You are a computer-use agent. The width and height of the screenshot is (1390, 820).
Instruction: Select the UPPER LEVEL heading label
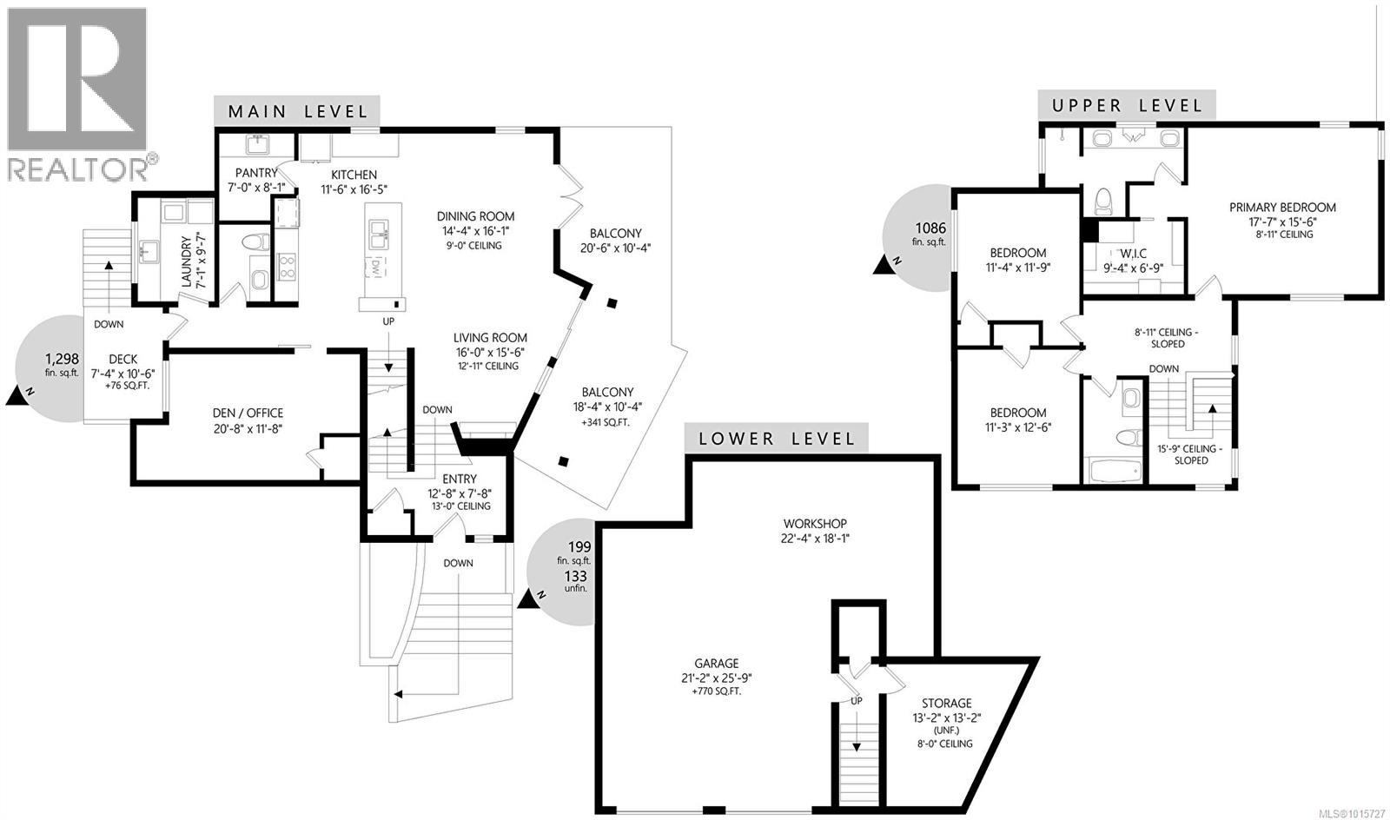tap(1127, 106)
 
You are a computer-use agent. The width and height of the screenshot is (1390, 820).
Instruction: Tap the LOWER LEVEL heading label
tap(777, 439)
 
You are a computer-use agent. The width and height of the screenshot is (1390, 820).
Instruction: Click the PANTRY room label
tap(256, 173)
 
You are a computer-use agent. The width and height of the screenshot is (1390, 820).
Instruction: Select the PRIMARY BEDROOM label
tap(1282, 208)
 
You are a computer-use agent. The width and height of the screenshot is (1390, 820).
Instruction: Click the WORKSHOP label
tap(814, 524)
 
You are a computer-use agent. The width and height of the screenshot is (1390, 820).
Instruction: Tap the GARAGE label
tap(717, 664)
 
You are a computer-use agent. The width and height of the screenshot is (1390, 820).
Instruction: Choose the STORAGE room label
tap(947, 703)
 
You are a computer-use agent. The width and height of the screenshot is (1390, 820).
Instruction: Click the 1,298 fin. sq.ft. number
tap(62, 358)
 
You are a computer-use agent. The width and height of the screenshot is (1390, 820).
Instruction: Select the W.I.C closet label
tap(1133, 254)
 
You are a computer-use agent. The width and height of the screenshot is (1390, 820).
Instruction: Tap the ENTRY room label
tap(459, 479)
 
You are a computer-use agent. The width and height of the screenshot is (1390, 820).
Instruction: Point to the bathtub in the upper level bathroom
tap(1115, 472)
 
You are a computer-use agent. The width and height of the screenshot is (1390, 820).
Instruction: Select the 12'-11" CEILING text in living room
tap(490, 366)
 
